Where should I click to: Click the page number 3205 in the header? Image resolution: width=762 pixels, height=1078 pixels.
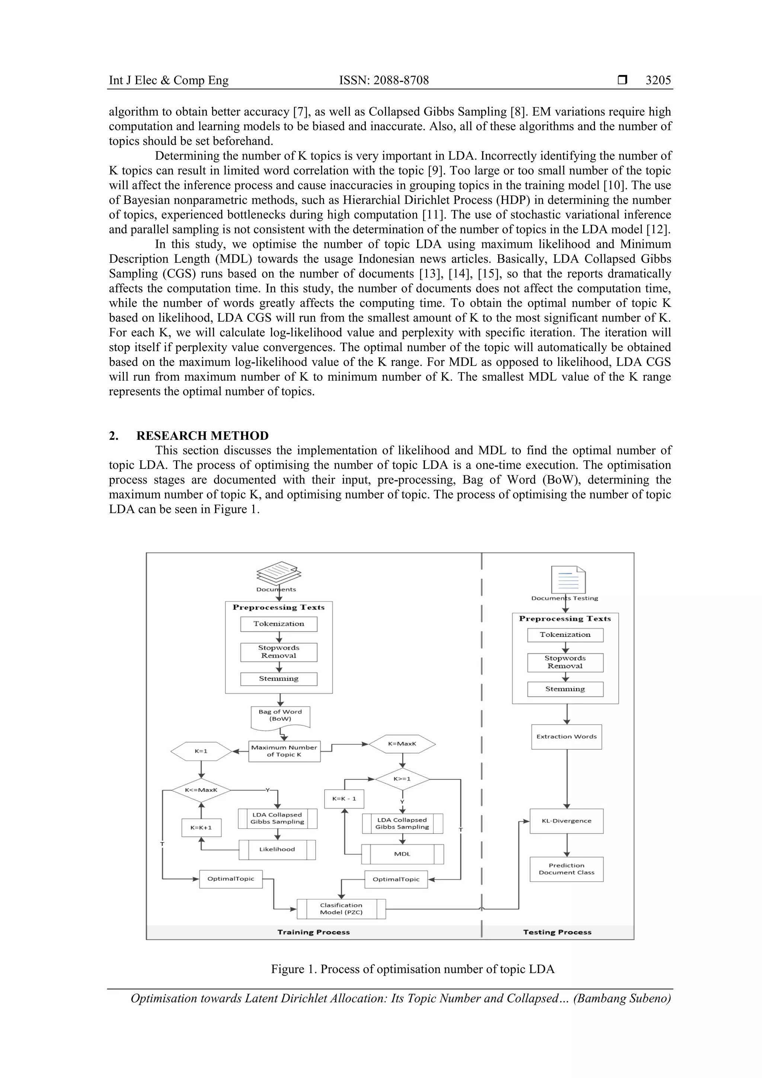pyautogui.click(x=658, y=80)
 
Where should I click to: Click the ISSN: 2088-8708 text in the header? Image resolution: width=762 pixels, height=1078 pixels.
pyautogui.click(x=384, y=80)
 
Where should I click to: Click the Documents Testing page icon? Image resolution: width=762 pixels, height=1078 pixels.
pyautogui.click(x=568, y=580)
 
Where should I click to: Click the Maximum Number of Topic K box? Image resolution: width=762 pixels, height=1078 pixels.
pyautogui.click(x=284, y=751)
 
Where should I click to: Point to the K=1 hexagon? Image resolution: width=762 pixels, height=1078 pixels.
pyautogui.click(x=201, y=751)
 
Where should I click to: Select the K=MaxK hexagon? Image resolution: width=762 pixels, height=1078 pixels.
pyautogui.click(x=402, y=744)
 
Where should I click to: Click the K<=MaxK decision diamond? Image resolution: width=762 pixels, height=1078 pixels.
pyautogui.click(x=201, y=790)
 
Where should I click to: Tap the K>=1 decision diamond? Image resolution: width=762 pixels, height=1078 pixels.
pyautogui.click(x=402, y=779)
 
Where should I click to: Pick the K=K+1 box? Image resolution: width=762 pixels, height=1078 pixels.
pyautogui.click(x=201, y=828)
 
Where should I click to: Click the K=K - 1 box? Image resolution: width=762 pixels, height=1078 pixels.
pyautogui.click(x=344, y=799)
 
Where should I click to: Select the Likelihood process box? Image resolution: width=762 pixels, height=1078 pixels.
pyautogui.click(x=277, y=850)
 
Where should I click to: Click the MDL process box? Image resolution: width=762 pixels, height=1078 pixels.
pyautogui.click(x=402, y=854)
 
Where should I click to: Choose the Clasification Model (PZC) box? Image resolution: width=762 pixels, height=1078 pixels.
pyautogui.click(x=341, y=909)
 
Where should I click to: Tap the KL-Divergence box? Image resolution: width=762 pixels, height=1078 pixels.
pyautogui.click(x=566, y=821)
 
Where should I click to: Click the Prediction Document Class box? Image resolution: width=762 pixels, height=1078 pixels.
pyautogui.click(x=566, y=869)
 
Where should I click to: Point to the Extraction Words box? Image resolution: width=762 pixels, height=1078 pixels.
pyautogui.click(x=566, y=737)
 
